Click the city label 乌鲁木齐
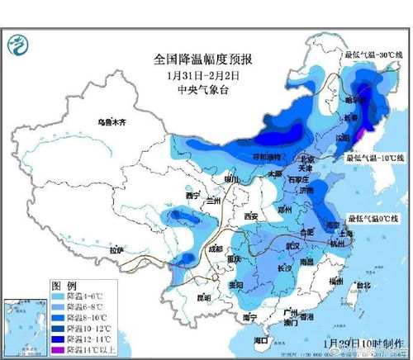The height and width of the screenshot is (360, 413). point(110,122)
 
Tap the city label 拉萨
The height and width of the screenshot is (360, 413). point(116,249)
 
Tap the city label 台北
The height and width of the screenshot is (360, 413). point(361,287)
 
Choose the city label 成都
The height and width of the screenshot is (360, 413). point(215,248)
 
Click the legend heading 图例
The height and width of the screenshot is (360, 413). point(64,282)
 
